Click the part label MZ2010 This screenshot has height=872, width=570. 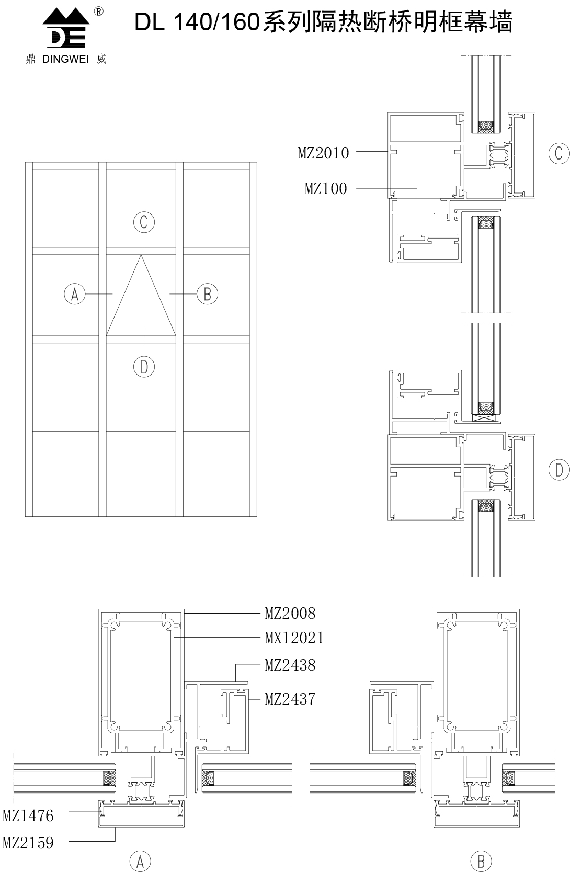[323, 153]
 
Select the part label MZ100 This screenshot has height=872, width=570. [326, 189]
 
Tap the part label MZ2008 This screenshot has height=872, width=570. [290, 614]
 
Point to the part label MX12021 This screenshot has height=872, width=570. [294, 638]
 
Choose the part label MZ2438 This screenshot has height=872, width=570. [290, 665]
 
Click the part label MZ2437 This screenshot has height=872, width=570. [290, 699]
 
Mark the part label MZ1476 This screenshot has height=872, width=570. [28, 816]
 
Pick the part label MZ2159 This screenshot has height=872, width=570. [28, 843]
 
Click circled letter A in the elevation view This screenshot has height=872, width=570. [75, 294]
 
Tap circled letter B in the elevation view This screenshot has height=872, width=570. [208, 294]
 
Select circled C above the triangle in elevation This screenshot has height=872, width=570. [144, 222]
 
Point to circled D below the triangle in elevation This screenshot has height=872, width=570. [144, 367]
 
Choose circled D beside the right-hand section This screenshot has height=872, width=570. [559, 470]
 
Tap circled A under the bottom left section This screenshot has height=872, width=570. [140, 861]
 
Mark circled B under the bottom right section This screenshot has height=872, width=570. [481, 861]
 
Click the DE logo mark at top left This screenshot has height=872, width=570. [66, 28]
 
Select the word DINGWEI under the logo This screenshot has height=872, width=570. [65, 59]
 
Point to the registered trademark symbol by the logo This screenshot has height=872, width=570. [99, 12]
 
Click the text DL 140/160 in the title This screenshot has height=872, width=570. [197, 22]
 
